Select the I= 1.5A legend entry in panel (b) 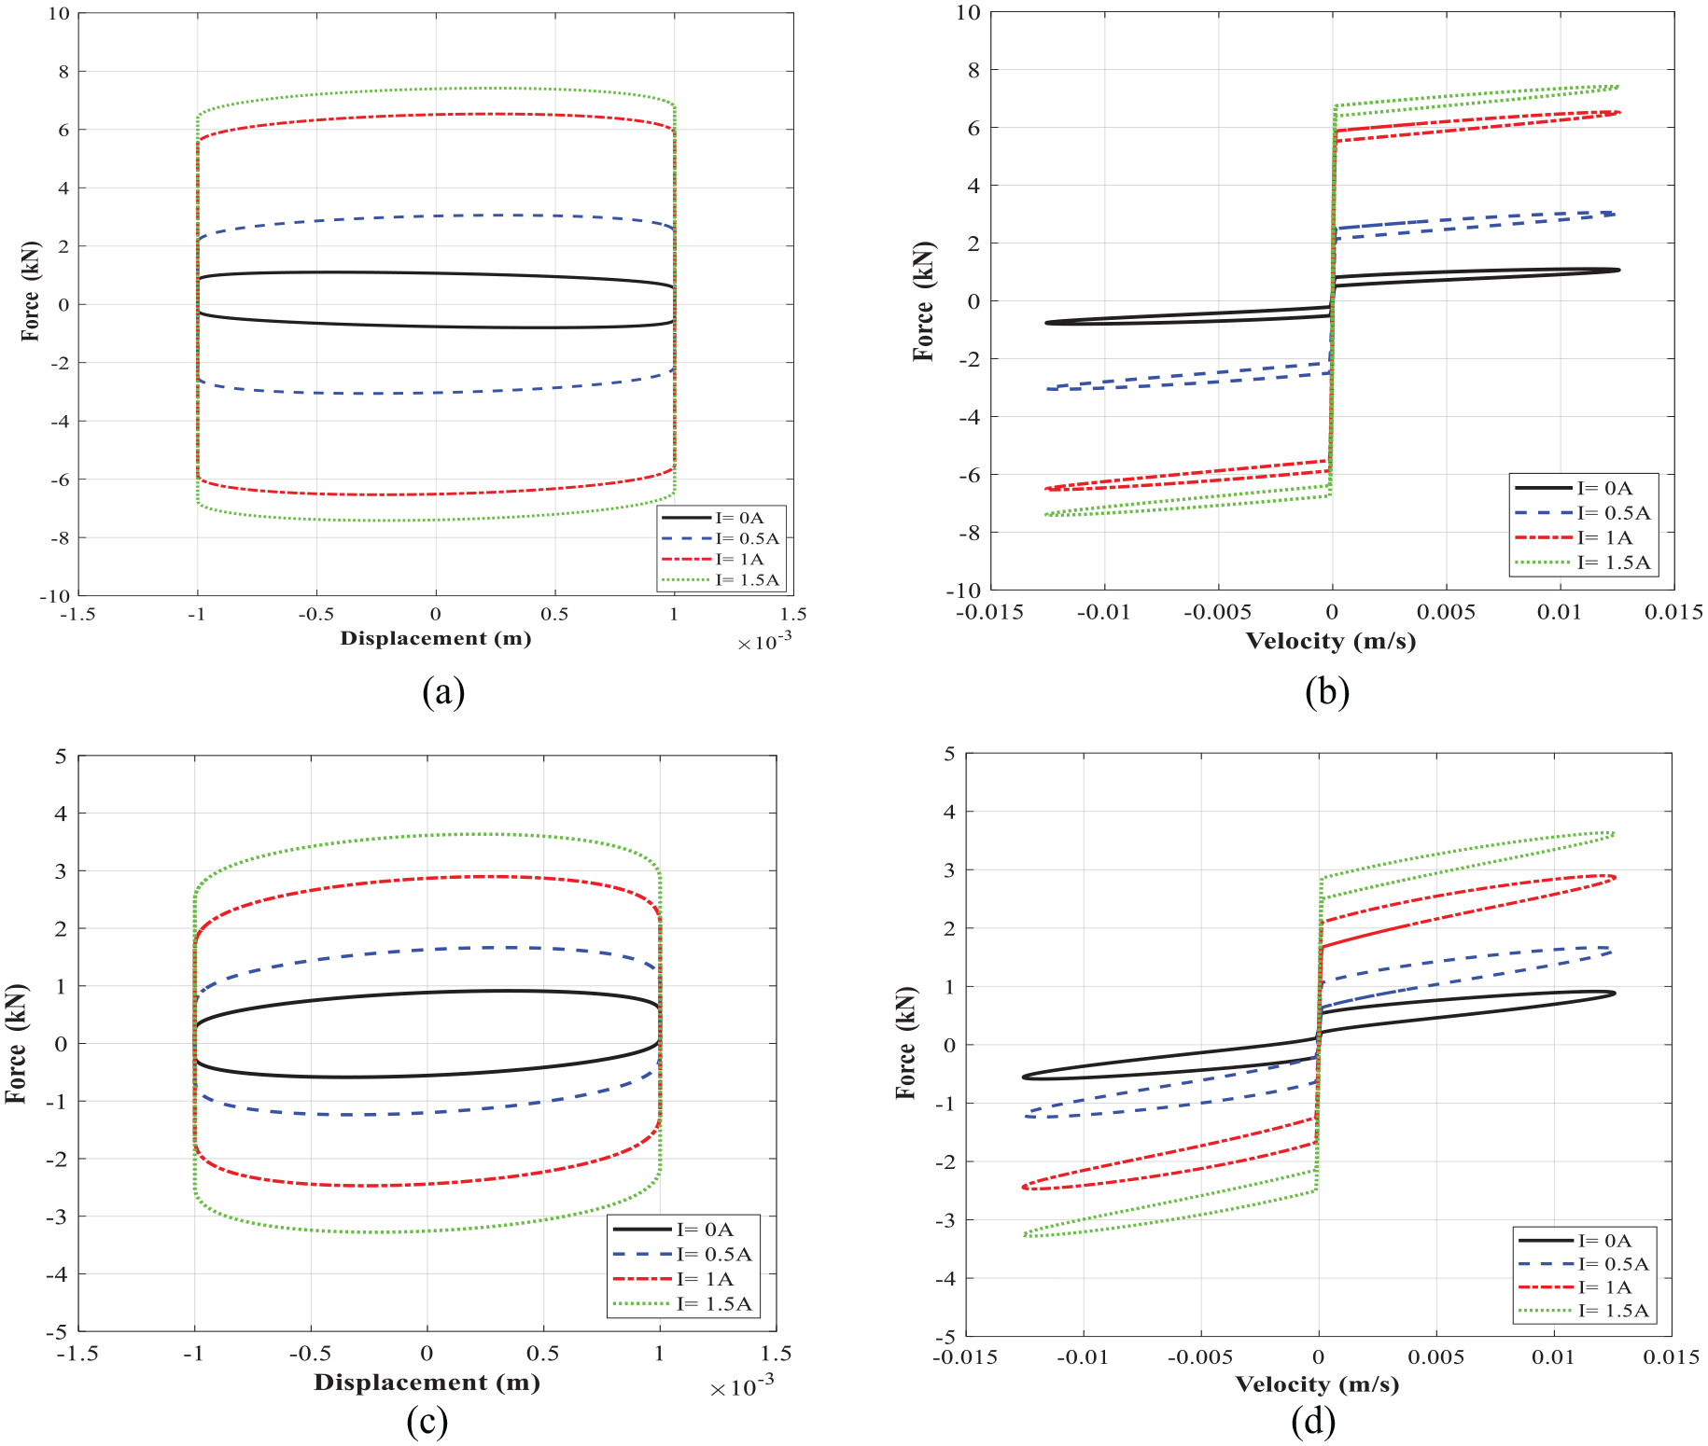tap(1583, 563)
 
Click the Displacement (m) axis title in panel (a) tap(436, 638)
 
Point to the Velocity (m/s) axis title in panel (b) tap(1331, 641)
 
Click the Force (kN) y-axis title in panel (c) tap(17, 1043)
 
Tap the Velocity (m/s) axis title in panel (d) tap(1317, 1384)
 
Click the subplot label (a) tap(443, 692)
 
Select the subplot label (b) tap(1327, 692)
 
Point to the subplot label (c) tap(427, 1422)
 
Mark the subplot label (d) tap(1313, 1422)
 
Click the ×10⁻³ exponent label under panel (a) tap(764, 642)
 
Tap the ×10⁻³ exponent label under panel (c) tap(742, 1386)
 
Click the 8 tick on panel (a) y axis tap(63, 71)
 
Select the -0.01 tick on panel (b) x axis tap(1103, 612)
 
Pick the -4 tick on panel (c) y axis tap(56, 1274)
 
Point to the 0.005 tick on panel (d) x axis tap(1435, 1356)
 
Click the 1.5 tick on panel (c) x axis tap(776, 1354)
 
